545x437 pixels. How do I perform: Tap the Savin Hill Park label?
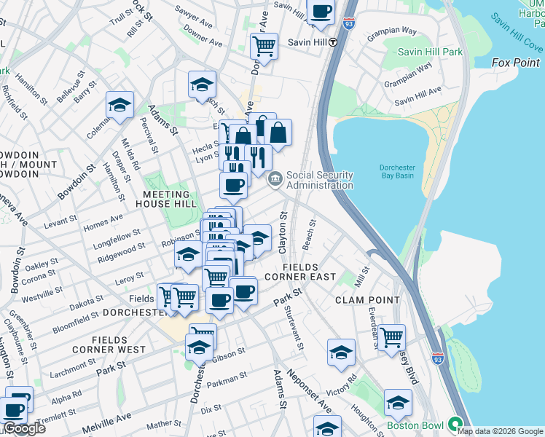click(431, 52)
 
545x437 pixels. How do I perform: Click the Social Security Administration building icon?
click(275, 179)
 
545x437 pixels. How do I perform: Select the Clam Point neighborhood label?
click(367, 300)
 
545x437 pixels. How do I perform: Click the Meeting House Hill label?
click(170, 200)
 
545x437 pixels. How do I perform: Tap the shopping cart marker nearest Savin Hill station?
click(264, 46)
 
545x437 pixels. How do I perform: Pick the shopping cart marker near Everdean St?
click(392, 337)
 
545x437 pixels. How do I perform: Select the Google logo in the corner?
click(24, 429)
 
